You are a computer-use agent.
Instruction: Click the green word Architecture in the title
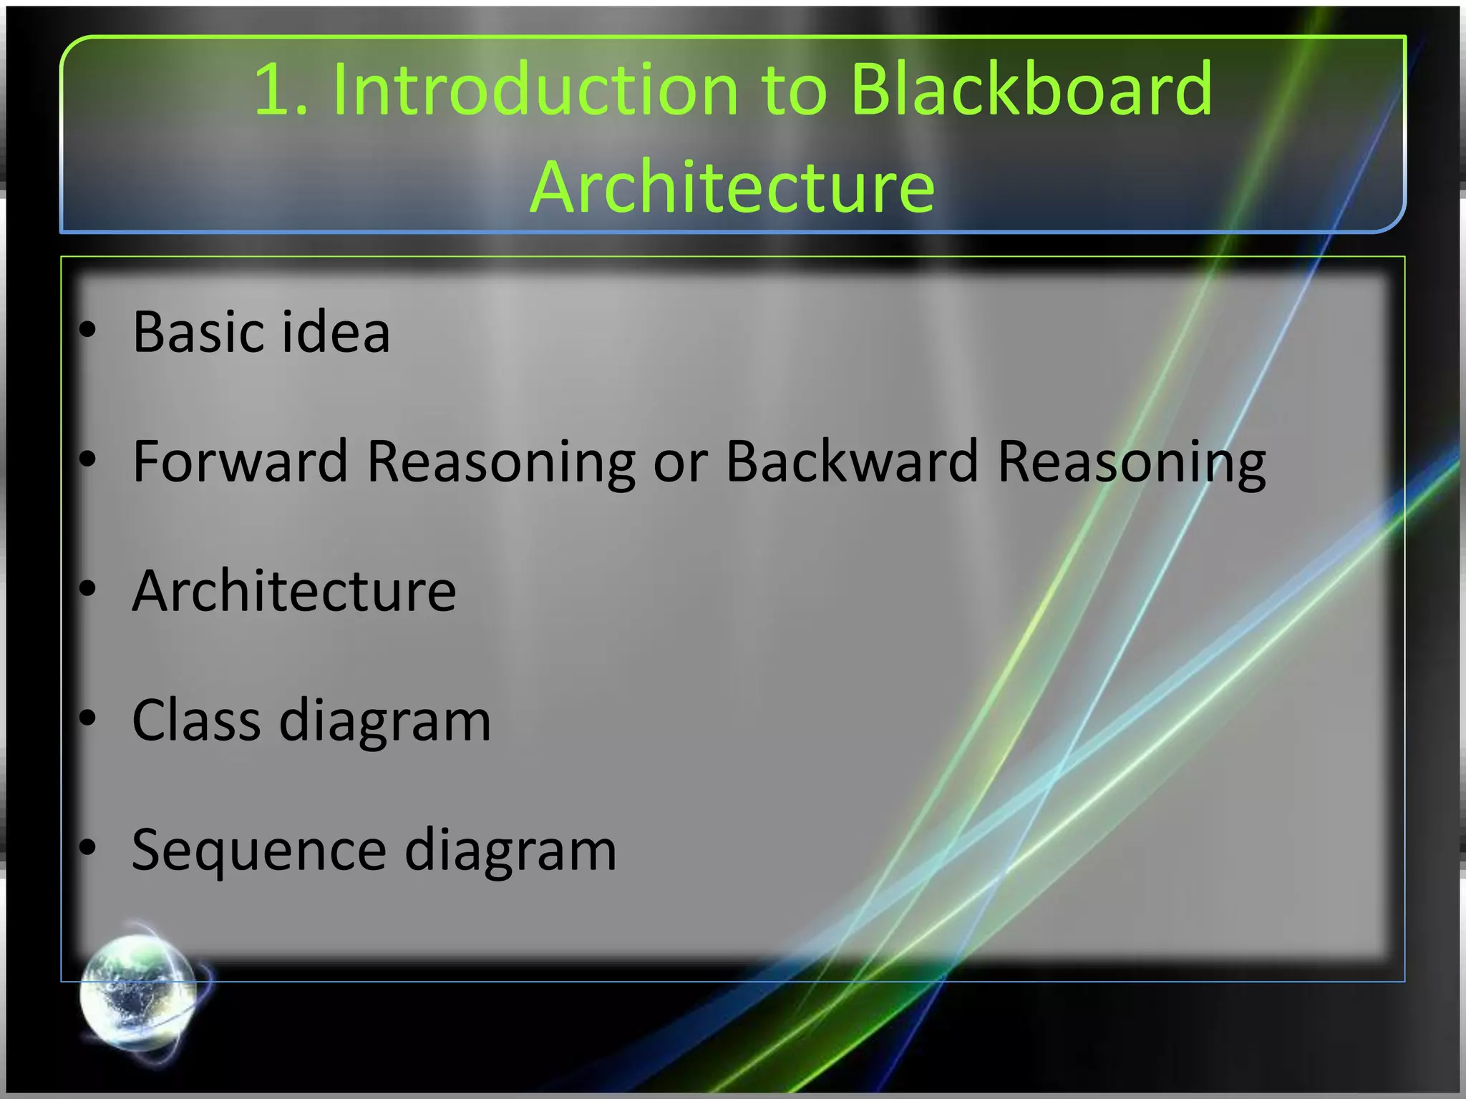[732, 187]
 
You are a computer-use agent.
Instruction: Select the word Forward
[241, 461]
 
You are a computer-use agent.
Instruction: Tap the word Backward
[852, 461]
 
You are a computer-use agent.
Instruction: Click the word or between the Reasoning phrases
[680, 463]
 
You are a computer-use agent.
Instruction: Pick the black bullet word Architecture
[293, 592]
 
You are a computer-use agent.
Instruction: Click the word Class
[196, 721]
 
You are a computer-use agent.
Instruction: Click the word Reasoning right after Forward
[501, 463]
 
